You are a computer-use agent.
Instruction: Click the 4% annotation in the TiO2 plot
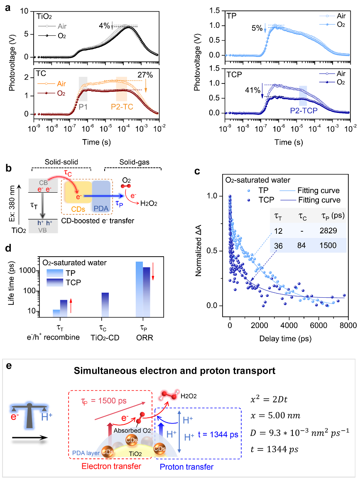click(104, 25)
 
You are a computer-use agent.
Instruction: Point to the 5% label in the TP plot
click(257, 28)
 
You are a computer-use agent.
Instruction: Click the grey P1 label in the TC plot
click(83, 106)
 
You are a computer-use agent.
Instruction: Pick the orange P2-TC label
click(122, 106)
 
